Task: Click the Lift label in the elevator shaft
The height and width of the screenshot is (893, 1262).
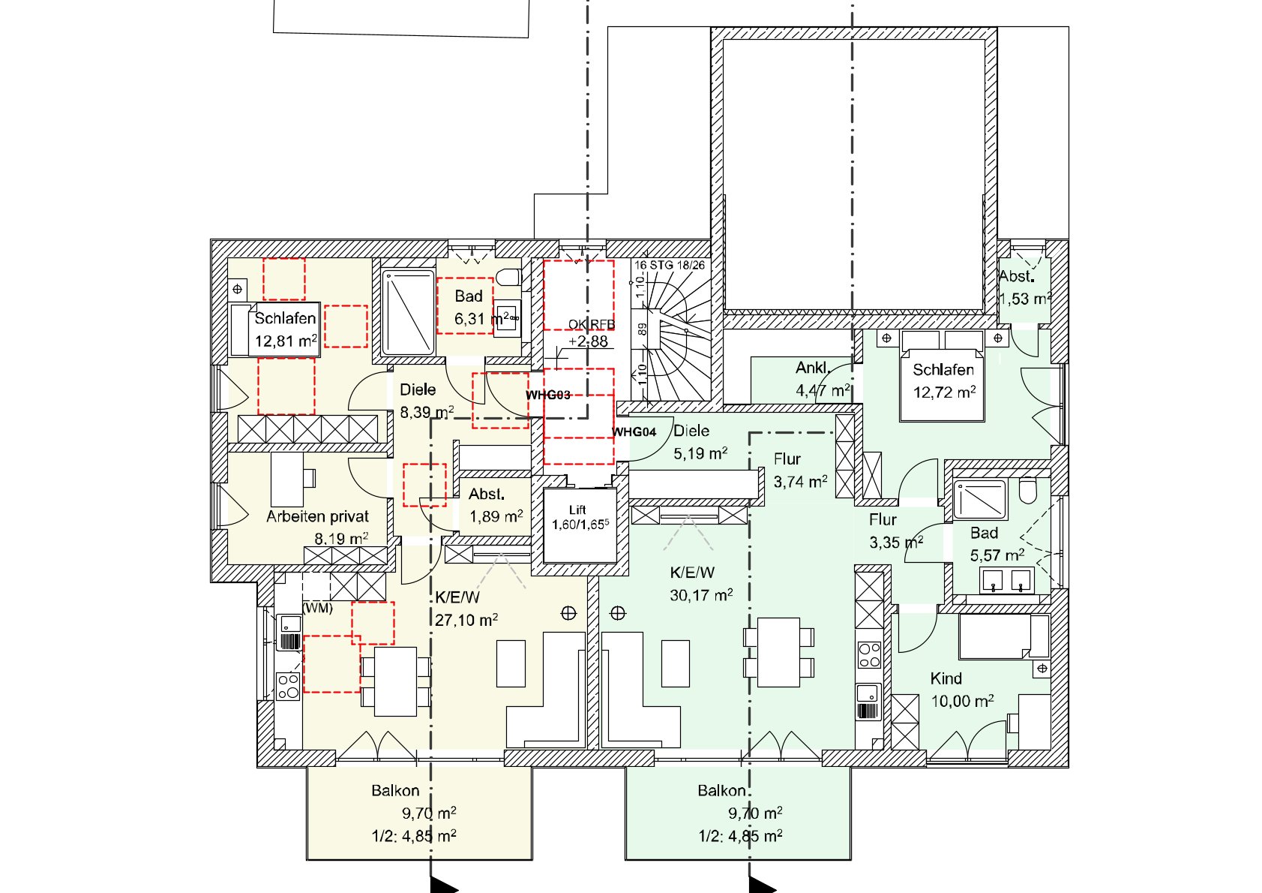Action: [577, 510]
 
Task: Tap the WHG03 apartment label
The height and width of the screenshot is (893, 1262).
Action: [547, 395]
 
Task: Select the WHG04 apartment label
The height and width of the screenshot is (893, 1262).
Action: [634, 431]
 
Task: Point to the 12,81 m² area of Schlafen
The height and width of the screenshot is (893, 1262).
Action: [285, 341]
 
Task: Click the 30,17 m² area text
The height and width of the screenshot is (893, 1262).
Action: [700, 595]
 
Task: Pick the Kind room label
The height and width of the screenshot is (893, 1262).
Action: [946, 678]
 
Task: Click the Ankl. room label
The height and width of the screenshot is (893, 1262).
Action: [813, 368]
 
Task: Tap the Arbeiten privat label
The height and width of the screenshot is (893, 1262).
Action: [317, 516]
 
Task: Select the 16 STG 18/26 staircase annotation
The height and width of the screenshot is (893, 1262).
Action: [669, 265]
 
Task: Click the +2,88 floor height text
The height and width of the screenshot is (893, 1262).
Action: [588, 341]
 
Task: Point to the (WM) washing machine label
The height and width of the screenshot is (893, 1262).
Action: [317, 608]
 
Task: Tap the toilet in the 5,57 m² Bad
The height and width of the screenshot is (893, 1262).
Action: [1027, 491]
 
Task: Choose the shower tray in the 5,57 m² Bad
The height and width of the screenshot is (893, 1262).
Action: [980, 499]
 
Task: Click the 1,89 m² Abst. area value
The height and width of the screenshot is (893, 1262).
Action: [496, 516]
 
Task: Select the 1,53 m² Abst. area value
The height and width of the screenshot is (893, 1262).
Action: [1025, 299]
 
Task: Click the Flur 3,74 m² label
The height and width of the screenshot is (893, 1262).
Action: [787, 459]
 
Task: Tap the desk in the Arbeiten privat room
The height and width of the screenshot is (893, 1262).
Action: [288, 479]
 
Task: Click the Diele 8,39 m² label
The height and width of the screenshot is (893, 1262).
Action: [418, 389]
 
